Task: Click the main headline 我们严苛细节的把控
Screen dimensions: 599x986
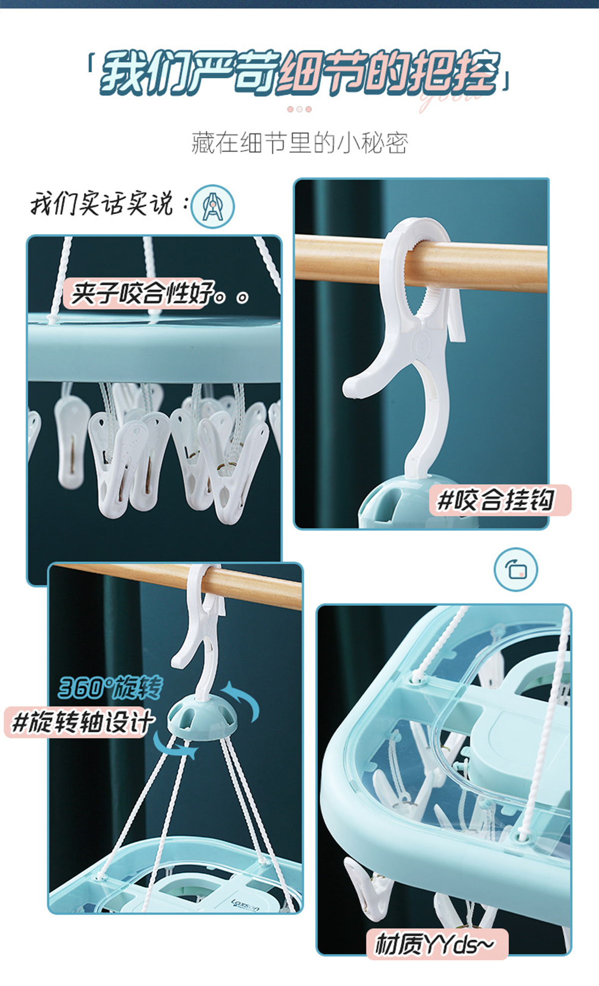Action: coord(299,73)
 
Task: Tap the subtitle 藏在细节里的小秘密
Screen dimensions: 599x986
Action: coord(299,143)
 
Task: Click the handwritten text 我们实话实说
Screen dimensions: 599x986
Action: coord(102,203)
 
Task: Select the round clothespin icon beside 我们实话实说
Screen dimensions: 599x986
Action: coord(213,206)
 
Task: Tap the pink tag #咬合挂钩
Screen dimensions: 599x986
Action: coord(499,500)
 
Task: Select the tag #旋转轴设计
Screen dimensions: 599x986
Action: coord(80,722)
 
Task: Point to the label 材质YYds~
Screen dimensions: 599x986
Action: coord(436,944)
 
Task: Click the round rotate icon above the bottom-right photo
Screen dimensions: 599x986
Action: coord(516,569)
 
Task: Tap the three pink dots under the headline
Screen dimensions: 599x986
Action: coord(299,109)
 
